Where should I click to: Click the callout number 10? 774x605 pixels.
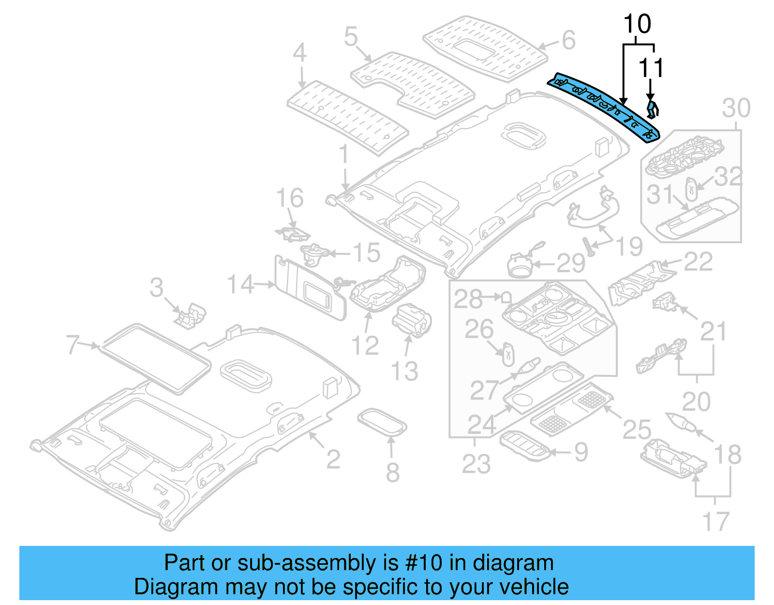pos(637,24)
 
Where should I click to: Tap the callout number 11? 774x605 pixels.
pos(651,68)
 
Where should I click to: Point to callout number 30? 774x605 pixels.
pos(736,108)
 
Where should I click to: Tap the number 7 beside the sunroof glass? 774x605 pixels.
pos(73,345)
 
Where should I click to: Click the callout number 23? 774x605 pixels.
pos(476,463)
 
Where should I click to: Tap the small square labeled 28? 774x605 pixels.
pos(506,296)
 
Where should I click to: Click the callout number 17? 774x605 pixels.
pos(715,521)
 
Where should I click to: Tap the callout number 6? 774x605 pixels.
pos(568,40)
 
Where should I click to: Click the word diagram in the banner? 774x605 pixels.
pos(513,563)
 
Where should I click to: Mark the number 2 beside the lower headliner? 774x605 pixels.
pos(333,459)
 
